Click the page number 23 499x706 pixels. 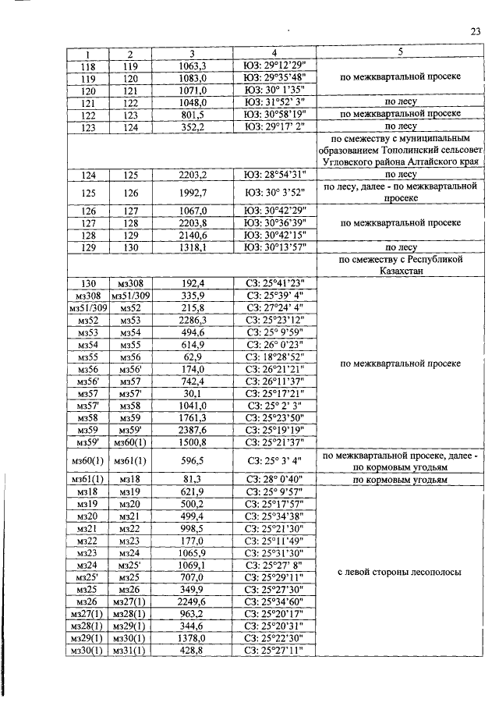(x=476, y=30)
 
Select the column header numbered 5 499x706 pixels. (x=400, y=53)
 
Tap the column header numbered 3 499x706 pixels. (x=192, y=53)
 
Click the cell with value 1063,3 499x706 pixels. (x=192, y=66)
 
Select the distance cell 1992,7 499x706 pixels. (x=192, y=193)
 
